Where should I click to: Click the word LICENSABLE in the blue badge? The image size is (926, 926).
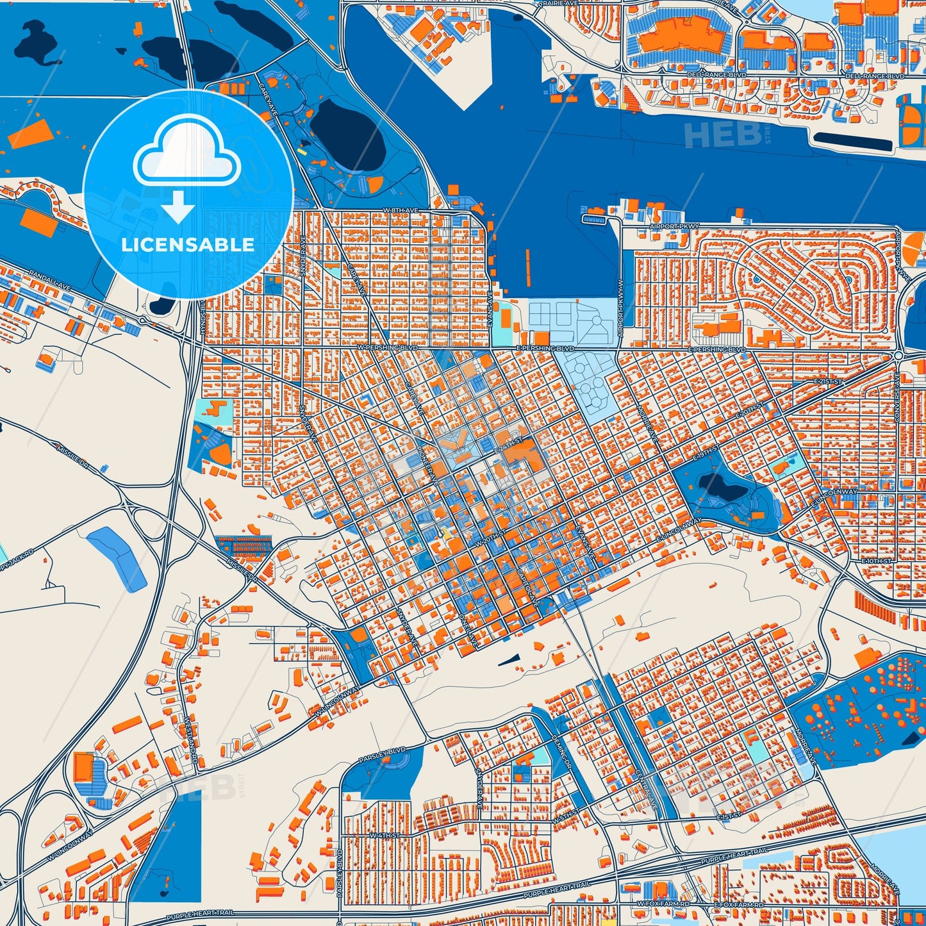click(x=188, y=245)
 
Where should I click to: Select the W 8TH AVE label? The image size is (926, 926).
click(x=401, y=210)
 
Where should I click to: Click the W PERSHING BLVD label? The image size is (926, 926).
click(x=387, y=347)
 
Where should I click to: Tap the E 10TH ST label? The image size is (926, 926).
click(x=876, y=561)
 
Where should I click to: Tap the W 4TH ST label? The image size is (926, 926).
click(x=384, y=836)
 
